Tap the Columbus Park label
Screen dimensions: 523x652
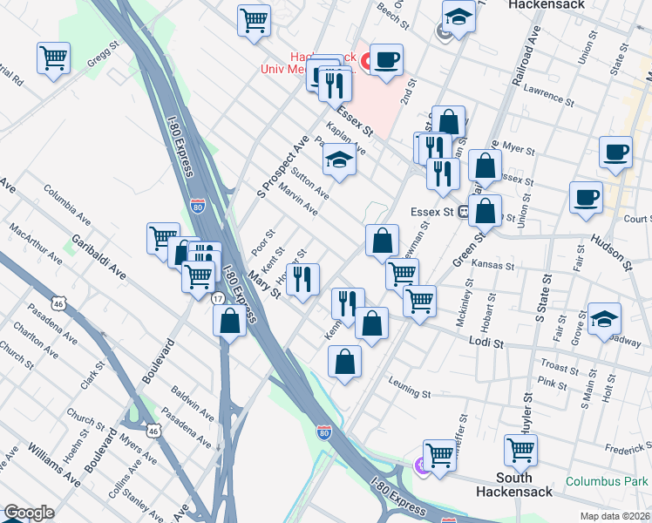[x=606, y=481]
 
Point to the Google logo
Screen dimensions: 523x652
[x=29, y=513]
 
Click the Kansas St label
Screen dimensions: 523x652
[x=488, y=262]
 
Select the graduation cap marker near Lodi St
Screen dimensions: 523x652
[x=604, y=318]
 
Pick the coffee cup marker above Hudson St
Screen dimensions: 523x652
[x=586, y=196]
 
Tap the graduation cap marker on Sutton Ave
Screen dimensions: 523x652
[x=340, y=160]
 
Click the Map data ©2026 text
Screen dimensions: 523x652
[x=614, y=515]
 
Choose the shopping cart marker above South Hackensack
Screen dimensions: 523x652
[x=520, y=451]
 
